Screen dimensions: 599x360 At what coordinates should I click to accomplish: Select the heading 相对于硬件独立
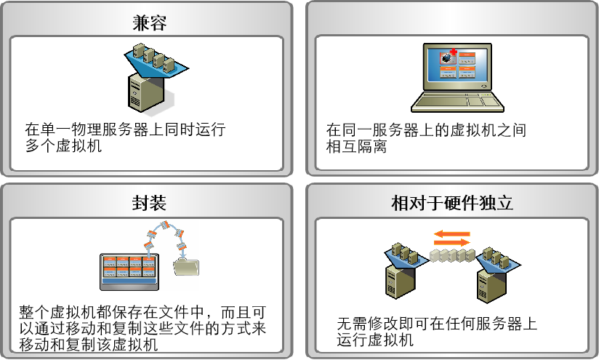pyautogui.click(x=452, y=203)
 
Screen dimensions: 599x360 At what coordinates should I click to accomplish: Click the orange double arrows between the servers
pyautogui.click(x=452, y=237)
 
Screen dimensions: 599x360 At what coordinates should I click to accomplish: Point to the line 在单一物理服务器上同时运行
pyautogui.click(x=124, y=130)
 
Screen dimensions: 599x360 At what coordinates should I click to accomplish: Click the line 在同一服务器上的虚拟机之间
pyautogui.click(x=426, y=130)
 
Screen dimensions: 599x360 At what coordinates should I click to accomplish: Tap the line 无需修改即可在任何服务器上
pyautogui.click(x=437, y=324)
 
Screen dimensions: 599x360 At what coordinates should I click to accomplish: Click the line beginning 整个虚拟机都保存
pyautogui.click(x=142, y=313)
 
